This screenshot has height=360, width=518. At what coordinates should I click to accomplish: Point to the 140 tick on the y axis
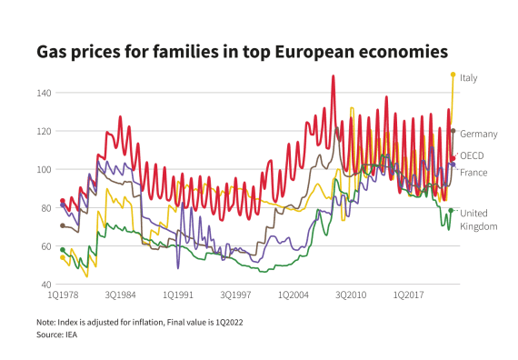pos(43,93)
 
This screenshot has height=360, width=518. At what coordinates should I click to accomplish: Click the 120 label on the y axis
pos(43,131)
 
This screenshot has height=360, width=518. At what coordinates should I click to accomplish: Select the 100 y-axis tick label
pos(43,169)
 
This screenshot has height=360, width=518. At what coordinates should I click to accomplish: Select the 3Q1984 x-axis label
pos(120,295)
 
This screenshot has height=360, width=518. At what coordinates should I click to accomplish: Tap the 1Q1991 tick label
pos(177,295)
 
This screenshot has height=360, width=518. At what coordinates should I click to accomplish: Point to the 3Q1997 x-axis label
pos(235,295)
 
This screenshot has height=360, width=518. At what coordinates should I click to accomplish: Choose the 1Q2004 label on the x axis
pos(293,295)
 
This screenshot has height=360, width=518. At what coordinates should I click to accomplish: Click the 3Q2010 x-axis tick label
pos(351,295)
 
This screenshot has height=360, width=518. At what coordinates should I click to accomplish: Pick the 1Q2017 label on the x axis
pos(408,295)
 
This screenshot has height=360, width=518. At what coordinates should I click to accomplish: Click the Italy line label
pos(469,78)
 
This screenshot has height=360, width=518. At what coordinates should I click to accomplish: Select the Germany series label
pos(479,135)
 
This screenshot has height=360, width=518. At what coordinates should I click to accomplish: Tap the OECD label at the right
pos(472,156)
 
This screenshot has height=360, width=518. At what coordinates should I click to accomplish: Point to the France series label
pos(473,173)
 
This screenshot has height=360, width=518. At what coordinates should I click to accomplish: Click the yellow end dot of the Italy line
pos(453,75)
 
